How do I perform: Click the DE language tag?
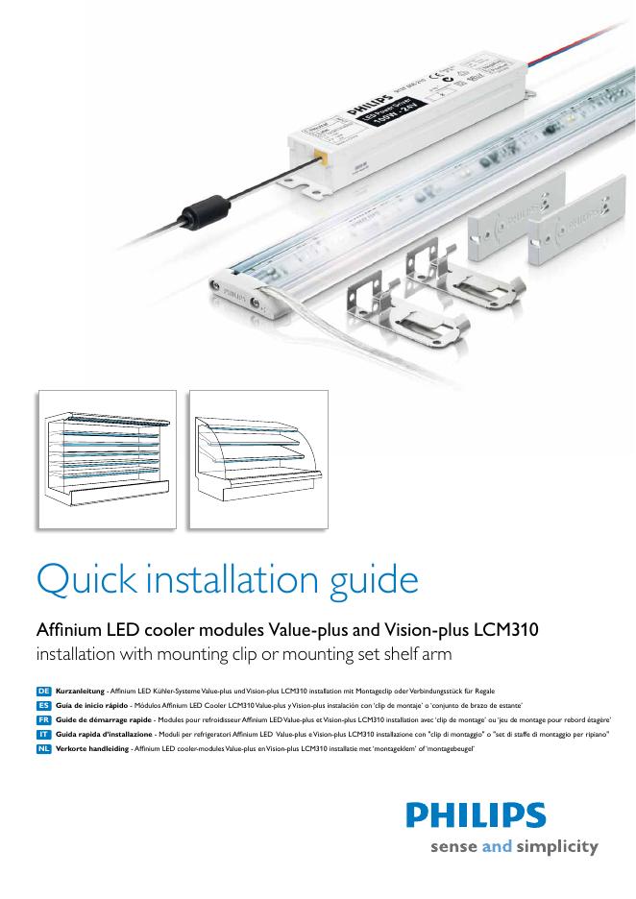click(44, 692)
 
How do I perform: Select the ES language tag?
click(44, 705)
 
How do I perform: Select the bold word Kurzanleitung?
click(80, 692)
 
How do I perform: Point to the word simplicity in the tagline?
click(558, 847)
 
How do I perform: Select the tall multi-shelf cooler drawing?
click(106, 458)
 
